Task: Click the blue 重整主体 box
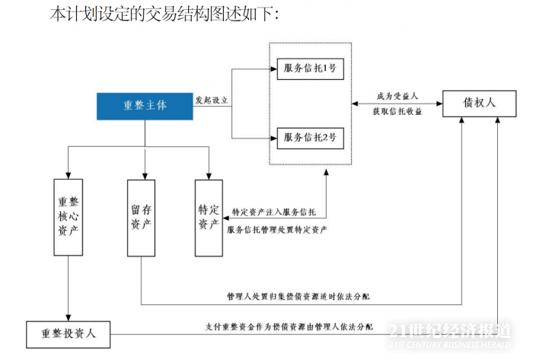pyautogui.click(x=145, y=106)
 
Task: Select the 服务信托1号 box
pyautogui.click(x=310, y=68)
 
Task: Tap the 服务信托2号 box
pyautogui.click(x=310, y=137)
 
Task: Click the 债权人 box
pyautogui.click(x=480, y=102)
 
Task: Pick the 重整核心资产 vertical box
pyautogui.click(x=68, y=216)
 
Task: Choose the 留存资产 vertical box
pyautogui.click(x=141, y=216)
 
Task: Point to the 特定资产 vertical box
pyautogui.click(x=208, y=216)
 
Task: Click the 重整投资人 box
pyautogui.click(x=68, y=333)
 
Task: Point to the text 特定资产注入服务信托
pyautogui.click(x=273, y=212)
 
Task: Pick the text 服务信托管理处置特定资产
pyautogui.click(x=277, y=230)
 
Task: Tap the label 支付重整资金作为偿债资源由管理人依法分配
pyautogui.click(x=290, y=327)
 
